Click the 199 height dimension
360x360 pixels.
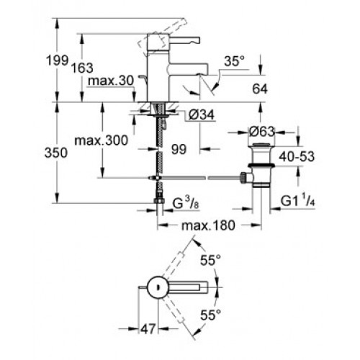tap(57, 60)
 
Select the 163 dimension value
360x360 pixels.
tap(82, 68)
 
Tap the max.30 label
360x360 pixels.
tap(111, 81)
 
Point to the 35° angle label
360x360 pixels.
tap(234, 61)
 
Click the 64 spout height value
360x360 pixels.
tap(260, 89)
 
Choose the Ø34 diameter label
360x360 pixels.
tap(202, 115)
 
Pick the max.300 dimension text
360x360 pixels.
tap(102, 140)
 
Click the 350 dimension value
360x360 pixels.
tap(56, 153)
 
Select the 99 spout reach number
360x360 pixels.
tap(179, 150)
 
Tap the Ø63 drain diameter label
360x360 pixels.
tap(261, 132)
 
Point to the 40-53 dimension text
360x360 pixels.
tap(297, 157)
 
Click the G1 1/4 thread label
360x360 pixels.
tap(298, 201)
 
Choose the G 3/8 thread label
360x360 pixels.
tap(186, 204)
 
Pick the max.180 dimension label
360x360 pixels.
tap(208, 225)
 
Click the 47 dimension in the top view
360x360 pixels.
tap(148, 329)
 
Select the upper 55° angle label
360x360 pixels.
tap(210, 260)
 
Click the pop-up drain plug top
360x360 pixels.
tap(261, 145)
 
